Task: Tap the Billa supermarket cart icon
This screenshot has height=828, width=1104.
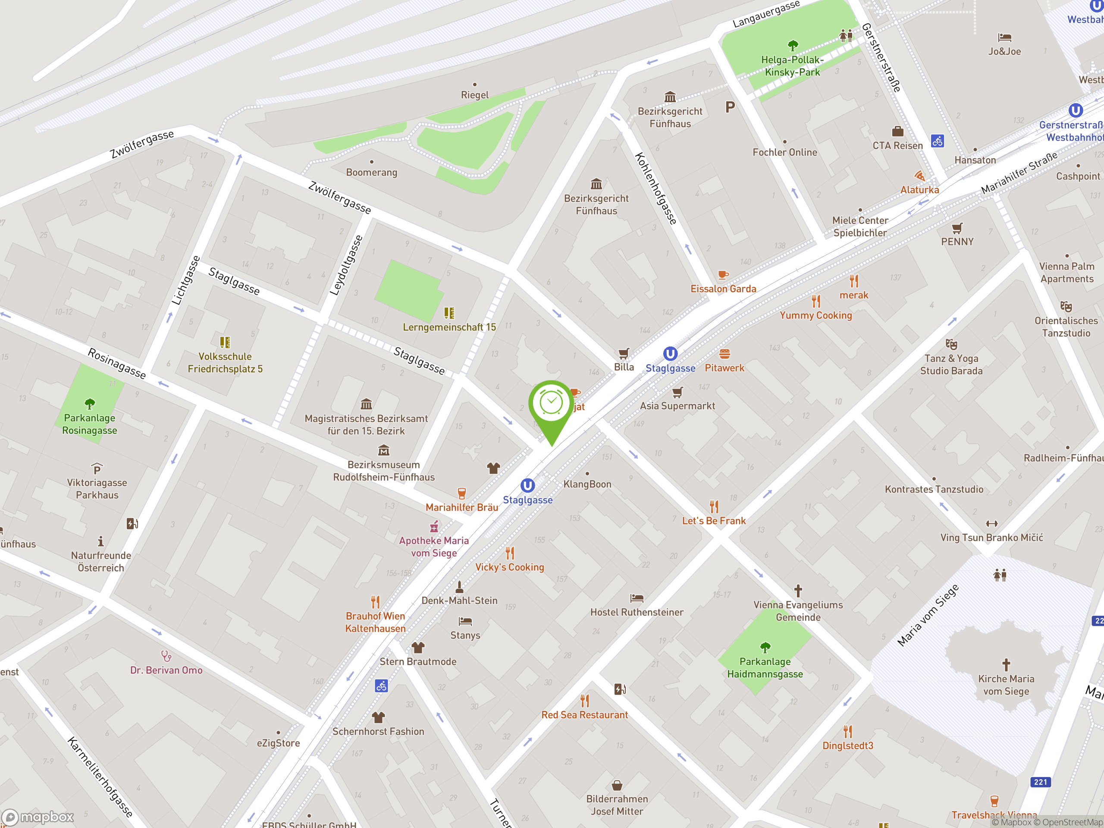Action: [623, 353]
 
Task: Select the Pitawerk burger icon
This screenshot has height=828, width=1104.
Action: [724, 354]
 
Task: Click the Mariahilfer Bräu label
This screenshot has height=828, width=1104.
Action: [462, 507]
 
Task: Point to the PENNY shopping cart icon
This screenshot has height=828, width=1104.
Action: [957, 228]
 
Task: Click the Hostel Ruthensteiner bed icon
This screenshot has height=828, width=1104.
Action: [637, 598]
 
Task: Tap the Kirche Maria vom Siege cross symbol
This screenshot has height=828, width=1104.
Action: [1006, 664]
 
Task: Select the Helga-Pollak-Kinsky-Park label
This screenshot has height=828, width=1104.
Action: [792, 66]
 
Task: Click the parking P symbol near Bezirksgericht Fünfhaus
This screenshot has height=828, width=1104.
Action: [730, 107]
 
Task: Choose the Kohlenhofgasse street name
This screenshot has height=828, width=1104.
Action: [656, 188]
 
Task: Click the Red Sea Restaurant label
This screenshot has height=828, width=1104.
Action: [584, 715]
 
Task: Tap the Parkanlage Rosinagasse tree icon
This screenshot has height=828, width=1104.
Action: [90, 403]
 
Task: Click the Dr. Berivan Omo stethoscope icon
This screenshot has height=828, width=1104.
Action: [166, 656]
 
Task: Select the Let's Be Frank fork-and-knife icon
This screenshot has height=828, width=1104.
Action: [714, 507]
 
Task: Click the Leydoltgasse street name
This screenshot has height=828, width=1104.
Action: [346, 266]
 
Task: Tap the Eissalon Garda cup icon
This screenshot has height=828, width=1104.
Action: [723, 275]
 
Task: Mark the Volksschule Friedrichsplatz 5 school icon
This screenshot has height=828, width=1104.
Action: [225, 342]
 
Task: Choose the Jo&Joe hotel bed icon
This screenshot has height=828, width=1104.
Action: [1004, 38]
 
